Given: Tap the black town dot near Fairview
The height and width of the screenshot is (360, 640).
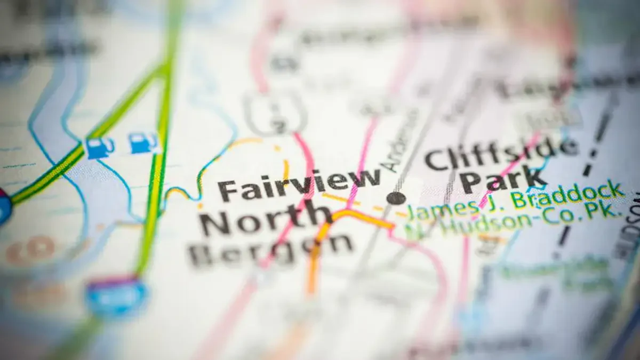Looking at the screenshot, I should click(396, 198).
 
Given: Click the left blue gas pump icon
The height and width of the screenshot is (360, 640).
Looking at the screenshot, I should click(100, 148).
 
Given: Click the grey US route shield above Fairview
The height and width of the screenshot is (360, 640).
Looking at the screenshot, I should click(276, 114).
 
